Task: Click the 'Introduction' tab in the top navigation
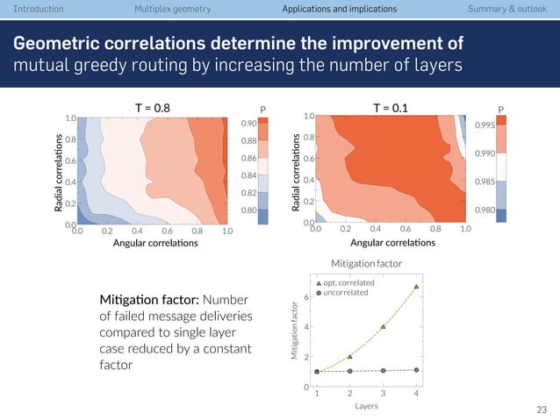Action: pos(32,9)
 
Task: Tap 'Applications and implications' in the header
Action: pos(339,9)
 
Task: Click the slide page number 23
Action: pos(541,409)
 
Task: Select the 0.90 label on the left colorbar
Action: pos(249,124)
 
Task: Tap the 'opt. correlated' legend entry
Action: pos(348,283)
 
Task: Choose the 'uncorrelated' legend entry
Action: pos(346,293)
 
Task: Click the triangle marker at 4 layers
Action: pos(416,286)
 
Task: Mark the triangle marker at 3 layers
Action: pos(384,327)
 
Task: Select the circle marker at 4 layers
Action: pos(416,370)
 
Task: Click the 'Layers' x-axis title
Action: pos(366,406)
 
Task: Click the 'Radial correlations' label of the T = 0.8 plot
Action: pos(60,172)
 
